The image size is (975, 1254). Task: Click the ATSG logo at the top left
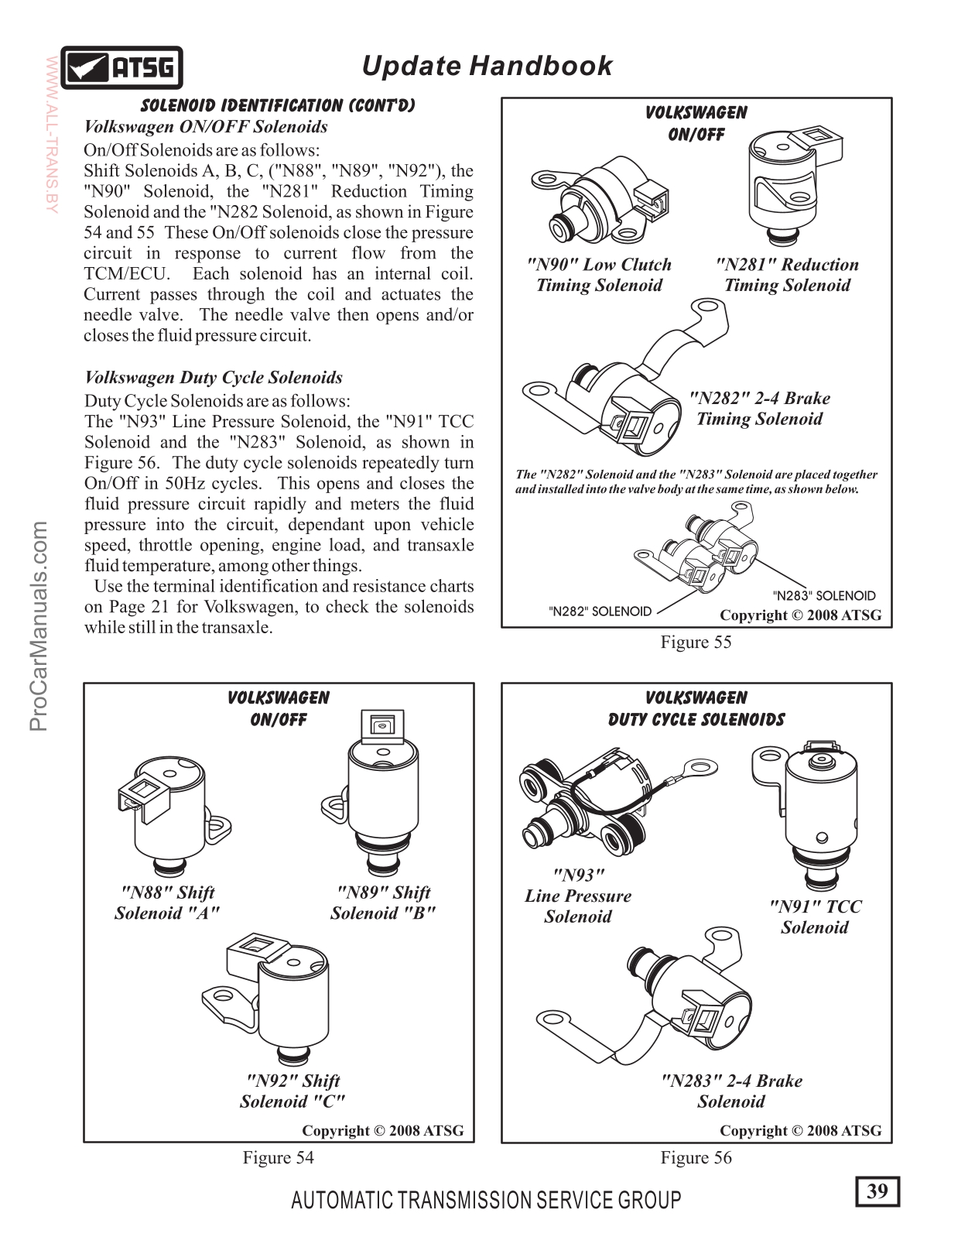[x=122, y=68]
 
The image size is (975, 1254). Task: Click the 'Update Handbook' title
[x=487, y=66]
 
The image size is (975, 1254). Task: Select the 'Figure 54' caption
[x=278, y=1157]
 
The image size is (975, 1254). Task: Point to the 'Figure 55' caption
[x=696, y=642]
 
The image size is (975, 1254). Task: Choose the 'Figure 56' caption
[x=696, y=1157]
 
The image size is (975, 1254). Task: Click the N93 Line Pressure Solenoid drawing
[x=588, y=805]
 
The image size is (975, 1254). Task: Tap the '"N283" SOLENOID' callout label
[x=824, y=596]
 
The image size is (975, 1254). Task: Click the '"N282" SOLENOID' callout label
[x=600, y=611]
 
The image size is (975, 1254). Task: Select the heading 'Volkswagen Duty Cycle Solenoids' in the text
[x=214, y=378]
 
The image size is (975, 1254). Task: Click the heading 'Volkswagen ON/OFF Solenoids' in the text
[x=206, y=127]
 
